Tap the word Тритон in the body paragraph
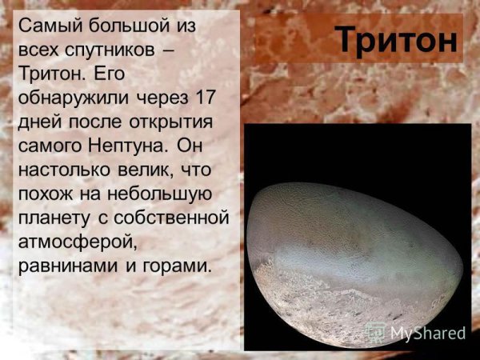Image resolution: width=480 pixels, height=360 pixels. tap(47, 74)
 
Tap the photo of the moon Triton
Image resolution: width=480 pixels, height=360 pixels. tap(352, 256)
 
